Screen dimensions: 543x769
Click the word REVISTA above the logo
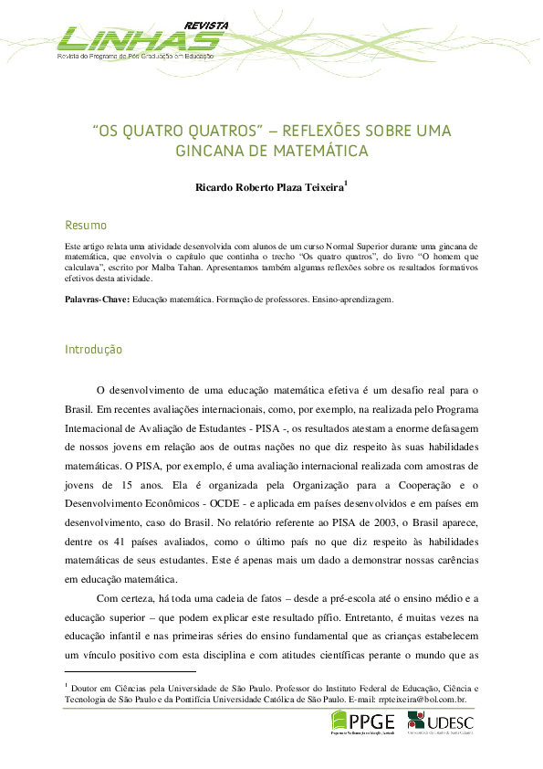tap(208, 24)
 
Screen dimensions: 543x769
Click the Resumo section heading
tap(86, 226)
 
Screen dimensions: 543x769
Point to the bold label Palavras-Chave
tap(98, 299)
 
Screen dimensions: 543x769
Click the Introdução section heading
tap(93, 350)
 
